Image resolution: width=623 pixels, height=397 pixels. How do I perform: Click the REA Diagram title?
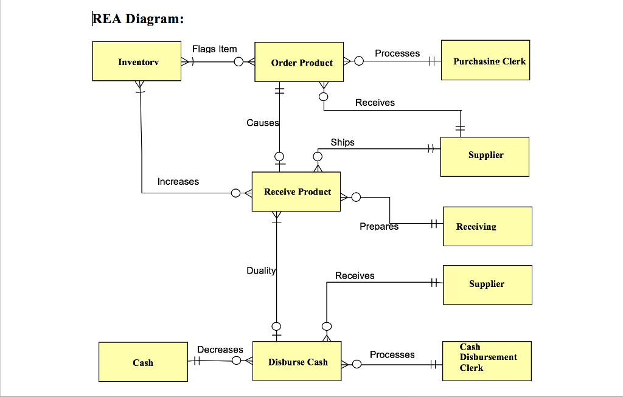(x=138, y=19)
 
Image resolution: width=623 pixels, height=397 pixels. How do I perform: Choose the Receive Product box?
(x=296, y=192)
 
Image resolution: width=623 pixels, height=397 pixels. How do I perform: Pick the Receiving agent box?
(x=487, y=226)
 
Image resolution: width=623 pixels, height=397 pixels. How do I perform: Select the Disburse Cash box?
(x=297, y=362)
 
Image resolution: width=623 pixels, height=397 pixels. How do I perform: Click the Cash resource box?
(x=143, y=362)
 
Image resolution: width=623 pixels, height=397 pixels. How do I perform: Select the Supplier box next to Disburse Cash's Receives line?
(x=487, y=285)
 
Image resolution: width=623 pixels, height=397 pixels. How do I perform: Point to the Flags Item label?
(x=214, y=49)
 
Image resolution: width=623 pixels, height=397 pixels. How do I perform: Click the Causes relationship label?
(x=262, y=123)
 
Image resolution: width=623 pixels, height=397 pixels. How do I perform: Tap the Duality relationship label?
(x=261, y=271)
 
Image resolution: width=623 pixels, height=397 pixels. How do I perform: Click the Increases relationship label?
(x=178, y=182)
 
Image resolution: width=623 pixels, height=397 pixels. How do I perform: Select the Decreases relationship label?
(x=220, y=350)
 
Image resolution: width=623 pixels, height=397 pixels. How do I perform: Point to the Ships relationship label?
(x=342, y=142)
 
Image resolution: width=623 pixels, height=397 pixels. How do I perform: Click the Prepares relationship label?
(x=379, y=226)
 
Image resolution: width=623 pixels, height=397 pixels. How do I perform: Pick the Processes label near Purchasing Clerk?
(x=397, y=54)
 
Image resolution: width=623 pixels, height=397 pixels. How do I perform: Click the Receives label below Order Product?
(x=375, y=103)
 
